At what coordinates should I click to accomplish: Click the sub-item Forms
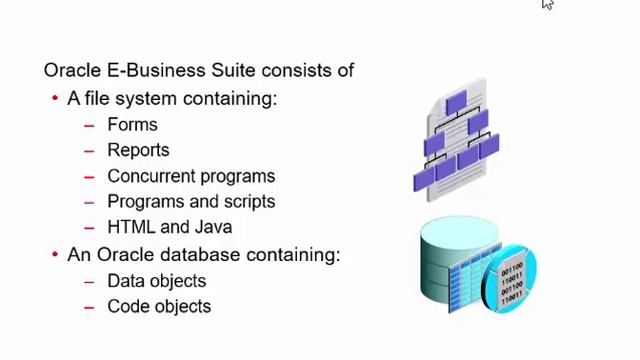tap(132, 125)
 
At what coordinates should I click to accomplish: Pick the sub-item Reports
tap(138, 150)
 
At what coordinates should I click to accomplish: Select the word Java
tap(212, 227)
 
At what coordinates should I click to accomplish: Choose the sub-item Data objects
tap(156, 281)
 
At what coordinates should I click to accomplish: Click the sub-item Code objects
tap(159, 306)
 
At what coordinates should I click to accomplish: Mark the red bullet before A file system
tap(55, 99)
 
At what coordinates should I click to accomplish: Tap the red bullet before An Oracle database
tap(55, 255)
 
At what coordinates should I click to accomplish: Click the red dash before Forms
tap(89, 125)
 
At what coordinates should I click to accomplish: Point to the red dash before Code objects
tap(89, 306)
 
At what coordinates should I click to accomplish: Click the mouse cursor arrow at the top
tap(547, 5)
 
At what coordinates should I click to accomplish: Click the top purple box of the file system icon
tap(456, 103)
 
